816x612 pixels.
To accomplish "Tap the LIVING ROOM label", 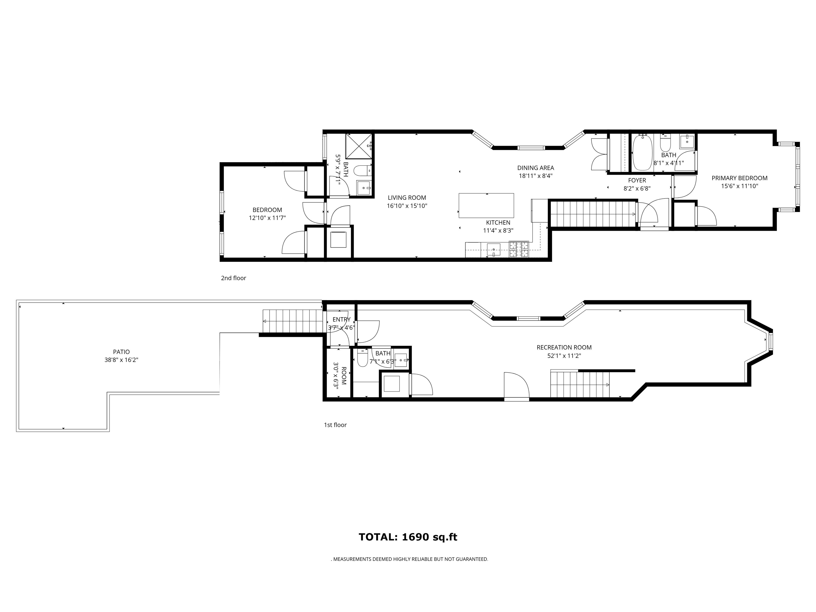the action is pyautogui.click(x=407, y=198).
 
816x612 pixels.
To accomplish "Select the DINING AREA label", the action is pyautogui.click(x=536, y=168).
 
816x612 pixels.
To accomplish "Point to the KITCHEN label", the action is pyautogui.click(x=498, y=222).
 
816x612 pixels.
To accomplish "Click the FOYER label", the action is pyautogui.click(x=637, y=180).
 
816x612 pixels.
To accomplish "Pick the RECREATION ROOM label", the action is pyautogui.click(x=564, y=347).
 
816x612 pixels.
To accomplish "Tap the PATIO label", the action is pyautogui.click(x=121, y=352).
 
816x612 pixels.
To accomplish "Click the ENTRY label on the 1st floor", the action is pyautogui.click(x=342, y=320).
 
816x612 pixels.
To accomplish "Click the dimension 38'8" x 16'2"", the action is pyautogui.click(x=121, y=360).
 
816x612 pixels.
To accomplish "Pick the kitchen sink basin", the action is pyautogui.click(x=494, y=249).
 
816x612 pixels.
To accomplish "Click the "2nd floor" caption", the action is pyautogui.click(x=233, y=278).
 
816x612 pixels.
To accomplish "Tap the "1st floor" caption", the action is pyautogui.click(x=335, y=425).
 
